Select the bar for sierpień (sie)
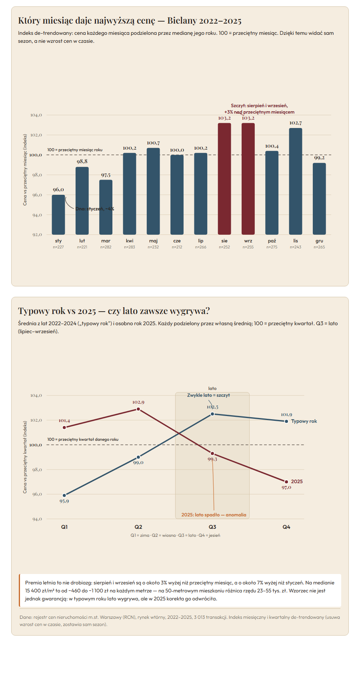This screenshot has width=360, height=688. coord(224,179)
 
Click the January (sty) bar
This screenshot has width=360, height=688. coord(58,215)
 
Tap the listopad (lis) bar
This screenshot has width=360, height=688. coord(296,181)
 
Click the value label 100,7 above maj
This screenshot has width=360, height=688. coord(153,143)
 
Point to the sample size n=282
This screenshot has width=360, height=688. coord(106,247)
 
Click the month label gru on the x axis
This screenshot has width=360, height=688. coord(319,241)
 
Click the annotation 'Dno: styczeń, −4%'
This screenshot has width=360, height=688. coord(95,209)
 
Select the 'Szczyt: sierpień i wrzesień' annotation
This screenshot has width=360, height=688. coord(259,106)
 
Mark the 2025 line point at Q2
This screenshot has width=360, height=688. coord(138,409)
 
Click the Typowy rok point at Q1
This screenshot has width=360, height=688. coord(64,495)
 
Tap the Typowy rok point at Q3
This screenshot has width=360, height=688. coord(212,414)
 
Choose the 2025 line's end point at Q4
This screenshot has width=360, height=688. coord(286,482)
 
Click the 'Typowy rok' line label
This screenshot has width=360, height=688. coord(304,421)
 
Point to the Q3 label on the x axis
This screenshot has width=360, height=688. coord(212,527)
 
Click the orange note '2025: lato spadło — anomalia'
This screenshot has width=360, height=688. coord(214,515)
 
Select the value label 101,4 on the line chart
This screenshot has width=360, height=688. coord(64,421)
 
